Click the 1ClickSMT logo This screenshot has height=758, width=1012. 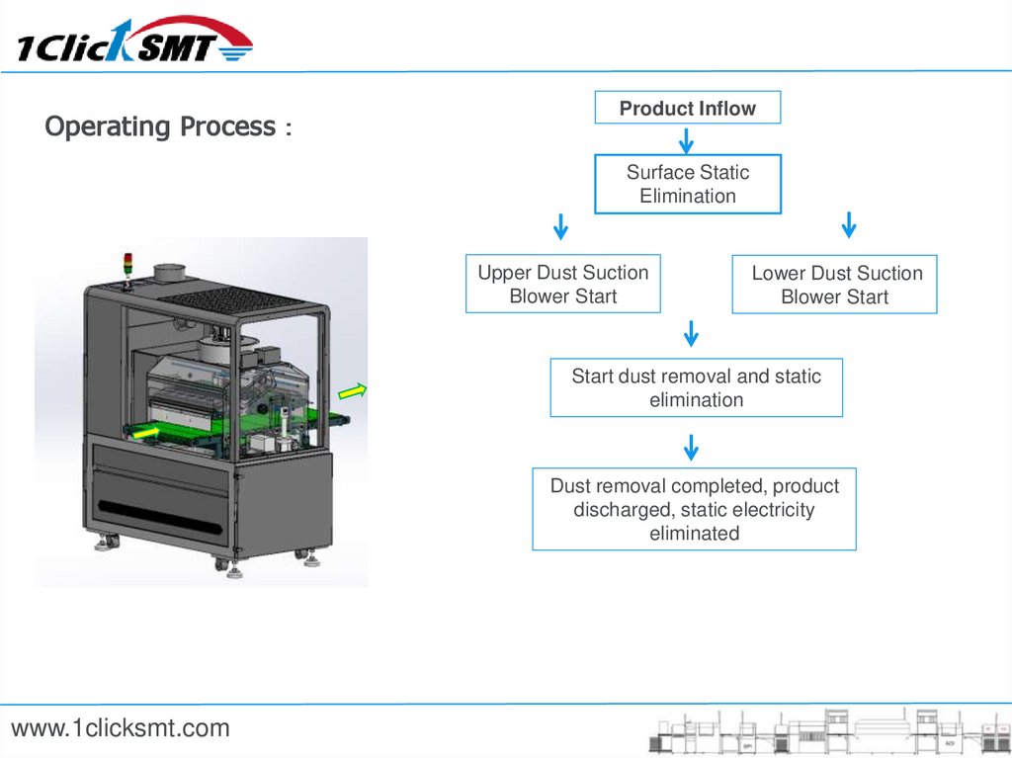(134, 42)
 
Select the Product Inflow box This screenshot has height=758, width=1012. (687, 108)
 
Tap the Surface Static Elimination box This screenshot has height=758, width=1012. (687, 184)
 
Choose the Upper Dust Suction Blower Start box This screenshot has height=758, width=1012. (562, 285)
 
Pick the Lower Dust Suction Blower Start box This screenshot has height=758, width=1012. (835, 285)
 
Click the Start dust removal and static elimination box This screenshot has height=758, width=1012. (696, 387)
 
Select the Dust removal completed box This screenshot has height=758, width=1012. (694, 509)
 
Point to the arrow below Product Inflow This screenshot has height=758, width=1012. (686, 139)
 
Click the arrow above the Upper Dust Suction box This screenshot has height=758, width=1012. (560, 226)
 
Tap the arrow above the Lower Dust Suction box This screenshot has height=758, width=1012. (848, 226)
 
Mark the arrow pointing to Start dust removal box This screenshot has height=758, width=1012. (692, 333)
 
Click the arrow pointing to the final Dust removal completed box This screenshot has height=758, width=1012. (692, 447)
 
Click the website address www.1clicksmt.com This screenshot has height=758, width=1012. (121, 729)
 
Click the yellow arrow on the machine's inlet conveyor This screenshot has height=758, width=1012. (147, 432)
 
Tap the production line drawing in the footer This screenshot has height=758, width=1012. (826, 731)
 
